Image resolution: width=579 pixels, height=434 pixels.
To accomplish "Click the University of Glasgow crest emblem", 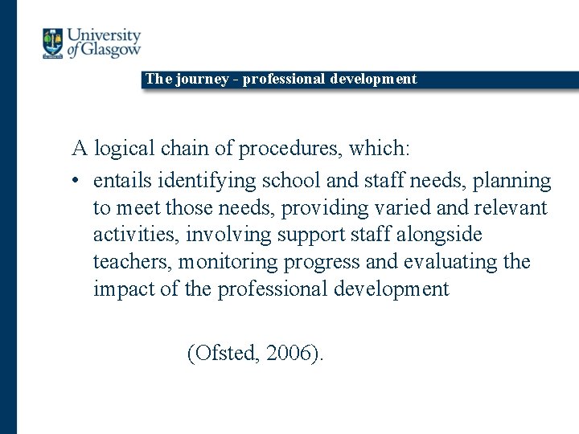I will coord(53,43).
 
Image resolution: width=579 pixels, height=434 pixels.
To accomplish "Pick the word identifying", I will coord(209,181).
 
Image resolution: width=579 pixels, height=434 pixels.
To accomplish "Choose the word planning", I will coord(512,181).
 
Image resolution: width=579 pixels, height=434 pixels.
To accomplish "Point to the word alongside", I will coord(439,235).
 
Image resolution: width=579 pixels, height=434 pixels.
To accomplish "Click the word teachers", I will coord(132,262).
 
